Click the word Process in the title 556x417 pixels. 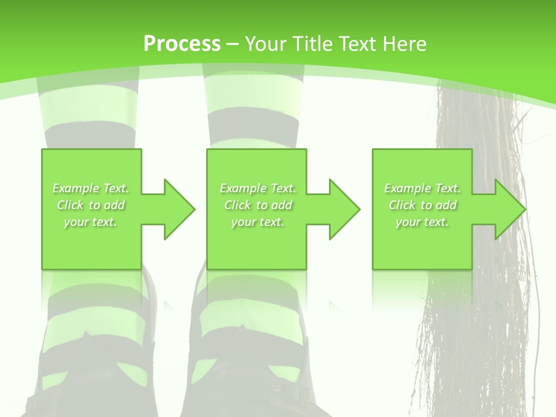click(182, 44)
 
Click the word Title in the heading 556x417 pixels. click(313, 44)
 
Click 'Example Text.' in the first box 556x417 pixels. click(91, 188)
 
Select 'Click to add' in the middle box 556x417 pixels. click(258, 205)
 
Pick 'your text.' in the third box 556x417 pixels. click(422, 222)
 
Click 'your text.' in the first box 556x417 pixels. click(91, 222)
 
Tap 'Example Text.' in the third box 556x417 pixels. click(422, 188)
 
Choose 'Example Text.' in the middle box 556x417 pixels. click(258, 188)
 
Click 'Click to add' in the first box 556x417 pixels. click(91, 205)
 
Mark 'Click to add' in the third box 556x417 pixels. click(422, 205)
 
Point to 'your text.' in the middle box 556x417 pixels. click(258, 222)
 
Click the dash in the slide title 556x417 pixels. click(232, 44)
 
